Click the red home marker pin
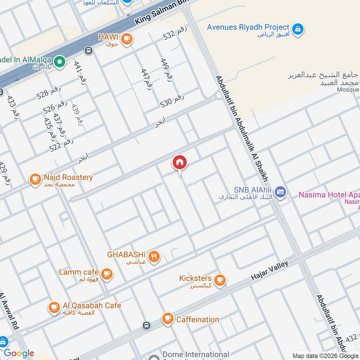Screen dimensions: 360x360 pos(180,163)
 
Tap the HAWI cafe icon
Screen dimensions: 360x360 pos(127,38)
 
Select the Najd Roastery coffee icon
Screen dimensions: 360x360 pos(35,180)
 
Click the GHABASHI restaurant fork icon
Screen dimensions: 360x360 pos(154,257)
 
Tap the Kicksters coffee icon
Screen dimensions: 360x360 pos(219,280)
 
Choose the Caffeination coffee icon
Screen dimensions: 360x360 pos(167,319)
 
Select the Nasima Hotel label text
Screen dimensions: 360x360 pos(329,195)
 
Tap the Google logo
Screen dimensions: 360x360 pos(19,353)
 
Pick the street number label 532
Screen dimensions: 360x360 pos(175,33)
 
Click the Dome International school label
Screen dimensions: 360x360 pos(195,355)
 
